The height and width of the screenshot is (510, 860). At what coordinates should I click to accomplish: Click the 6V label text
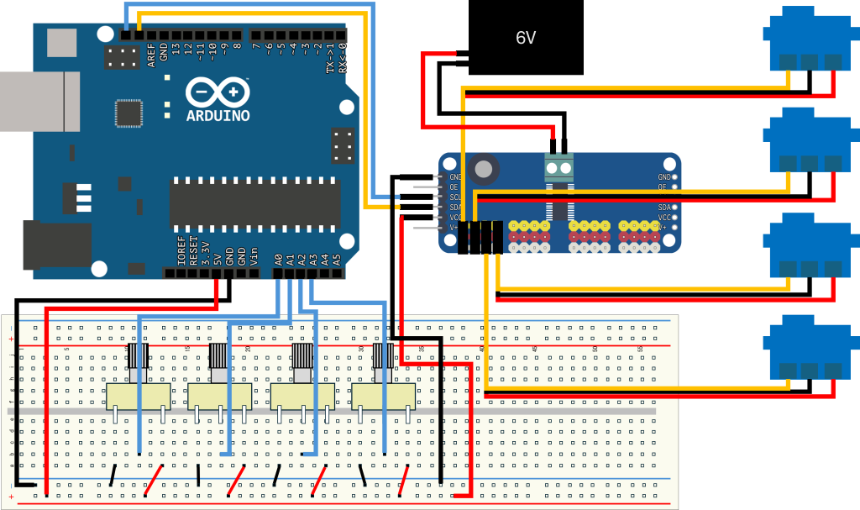pyautogui.click(x=526, y=38)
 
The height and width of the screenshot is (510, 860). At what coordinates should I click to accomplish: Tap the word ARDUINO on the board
pyautogui.click(x=218, y=115)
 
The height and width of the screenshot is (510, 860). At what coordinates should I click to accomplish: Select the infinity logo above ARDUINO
pyautogui.click(x=218, y=91)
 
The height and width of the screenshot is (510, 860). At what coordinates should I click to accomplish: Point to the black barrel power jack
pyautogui.click(x=55, y=244)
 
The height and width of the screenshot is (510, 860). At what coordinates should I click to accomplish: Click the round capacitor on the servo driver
pyautogui.click(x=484, y=170)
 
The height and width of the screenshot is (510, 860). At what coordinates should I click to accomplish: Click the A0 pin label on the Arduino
pyautogui.click(x=279, y=260)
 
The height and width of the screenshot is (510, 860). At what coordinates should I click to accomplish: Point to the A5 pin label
pyautogui.click(x=338, y=260)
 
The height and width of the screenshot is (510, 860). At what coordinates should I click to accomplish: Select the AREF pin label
pyautogui.click(x=152, y=54)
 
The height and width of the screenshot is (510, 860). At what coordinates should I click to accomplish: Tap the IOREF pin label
pyautogui.click(x=182, y=251)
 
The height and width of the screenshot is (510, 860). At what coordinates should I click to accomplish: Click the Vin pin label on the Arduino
pyautogui.click(x=254, y=255)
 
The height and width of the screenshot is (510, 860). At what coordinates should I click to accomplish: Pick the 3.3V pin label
pyautogui.click(x=206, y=252)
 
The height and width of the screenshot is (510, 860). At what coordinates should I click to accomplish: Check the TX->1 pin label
pyautogui.click(x=330, y=57)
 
